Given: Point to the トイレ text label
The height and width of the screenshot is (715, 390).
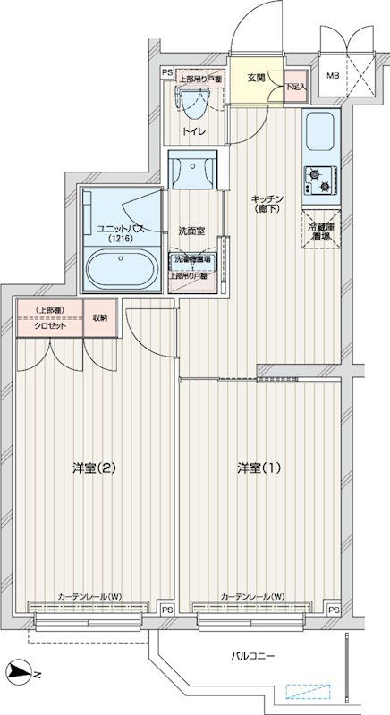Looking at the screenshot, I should click(194, 132).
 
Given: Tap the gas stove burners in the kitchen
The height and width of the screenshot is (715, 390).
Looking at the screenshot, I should click(319, 181).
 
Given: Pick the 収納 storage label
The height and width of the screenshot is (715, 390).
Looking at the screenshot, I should click(98, 318).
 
